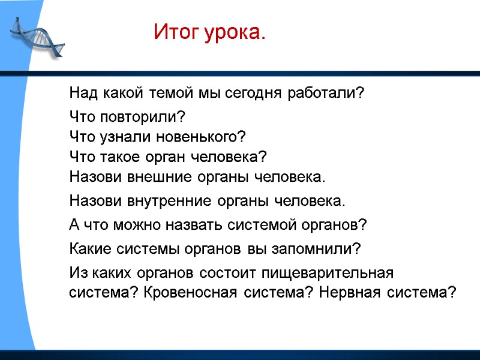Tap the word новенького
tap(201, 137)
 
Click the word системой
tap(259, 225)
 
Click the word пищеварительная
tap(327, 273)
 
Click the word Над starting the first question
tap(83, 94)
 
